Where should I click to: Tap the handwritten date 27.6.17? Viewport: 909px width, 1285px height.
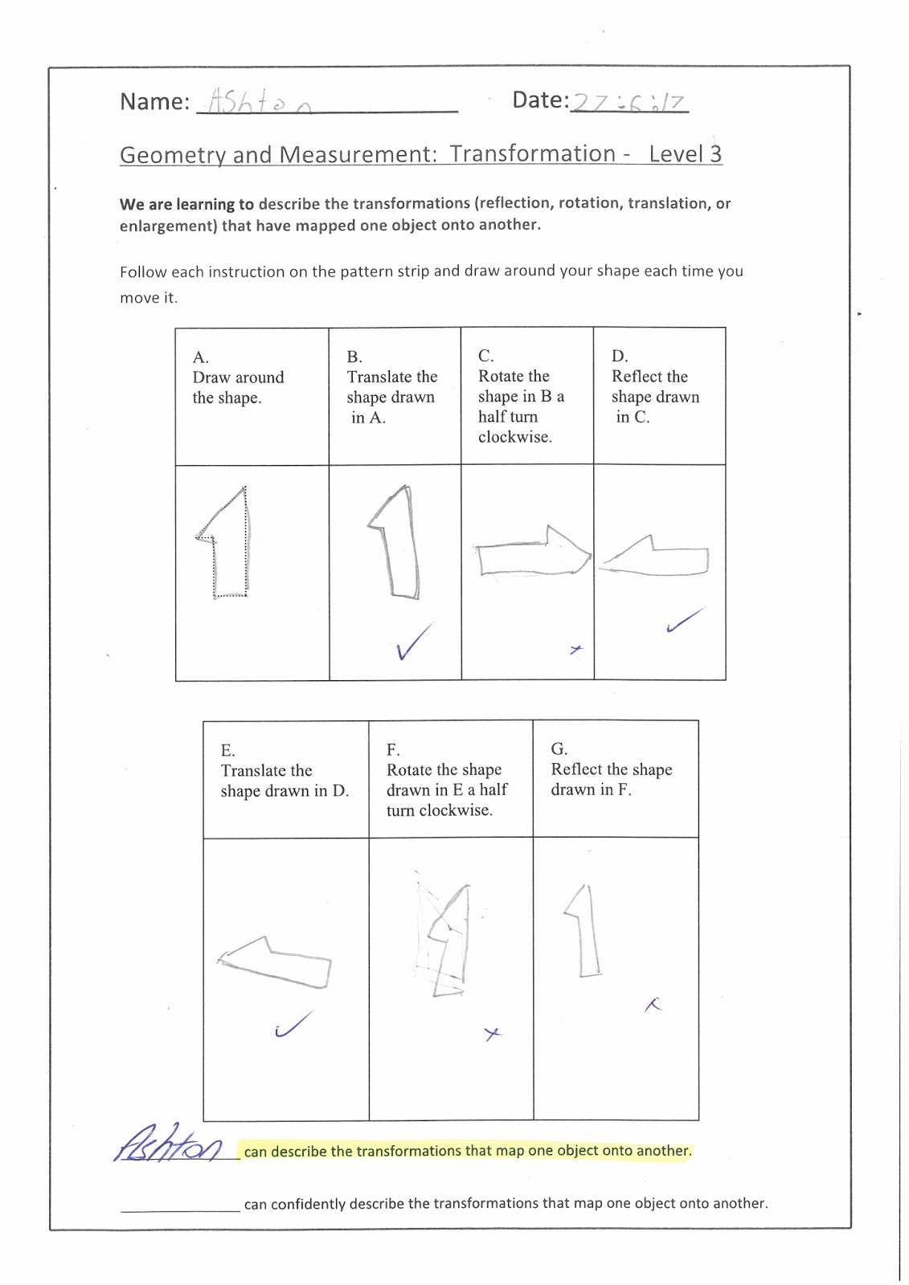coord(628,103)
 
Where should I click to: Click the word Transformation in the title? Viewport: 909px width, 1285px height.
coord(532,153)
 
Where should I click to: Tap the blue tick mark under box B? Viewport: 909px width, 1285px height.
coord(413,641)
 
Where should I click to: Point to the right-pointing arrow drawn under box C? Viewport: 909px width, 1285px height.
coord(530,553)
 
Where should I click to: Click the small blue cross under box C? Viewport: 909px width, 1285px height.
coord(575,649)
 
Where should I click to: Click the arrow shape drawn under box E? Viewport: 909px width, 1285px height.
coord(276,960)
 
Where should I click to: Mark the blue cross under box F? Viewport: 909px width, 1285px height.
coord(493,1034)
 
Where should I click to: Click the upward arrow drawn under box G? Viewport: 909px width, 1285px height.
coord(585,932)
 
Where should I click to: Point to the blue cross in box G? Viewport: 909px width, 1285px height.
coord(653,1004)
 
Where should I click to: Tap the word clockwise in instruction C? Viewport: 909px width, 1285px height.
coord(514,437)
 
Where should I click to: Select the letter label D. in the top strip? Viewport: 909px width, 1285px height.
coord(620,356)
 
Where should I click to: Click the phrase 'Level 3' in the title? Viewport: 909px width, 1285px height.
coord(685,153)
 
